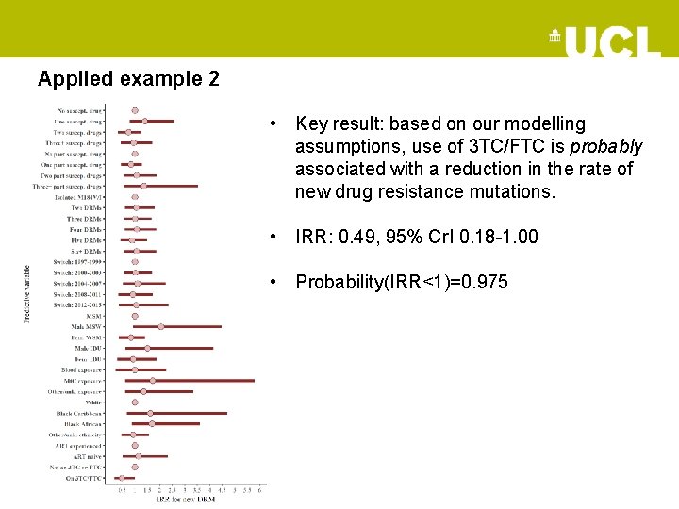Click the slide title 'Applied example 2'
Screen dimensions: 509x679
(x=128, y=79)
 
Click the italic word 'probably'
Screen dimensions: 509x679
(x=606, y=146)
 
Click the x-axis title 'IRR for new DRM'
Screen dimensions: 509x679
(x=186, y=499)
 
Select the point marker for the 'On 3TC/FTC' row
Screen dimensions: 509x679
(x=122, y=478)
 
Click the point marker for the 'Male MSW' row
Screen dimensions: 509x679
(x=161, y=326)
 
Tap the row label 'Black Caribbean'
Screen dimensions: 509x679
(x=79, y=413)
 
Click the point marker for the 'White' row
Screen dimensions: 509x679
(x=135, y=402)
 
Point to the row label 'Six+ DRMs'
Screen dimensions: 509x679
(x=85, y=251)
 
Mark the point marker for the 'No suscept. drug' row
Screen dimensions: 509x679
(x=135, y=110)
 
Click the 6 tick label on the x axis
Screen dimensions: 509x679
(x=260, y=490)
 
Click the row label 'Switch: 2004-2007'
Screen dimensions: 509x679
(x=77, y=284)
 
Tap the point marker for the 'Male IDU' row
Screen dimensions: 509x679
(x=147, y=348)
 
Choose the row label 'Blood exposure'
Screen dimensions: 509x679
(x=82, y=369)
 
